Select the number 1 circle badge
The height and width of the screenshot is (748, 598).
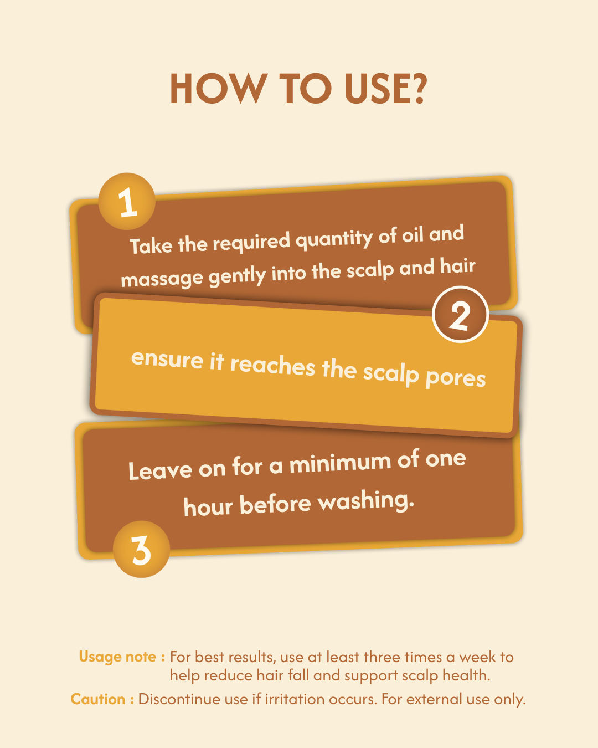(127, 201)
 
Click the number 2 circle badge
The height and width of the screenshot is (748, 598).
(460, 315)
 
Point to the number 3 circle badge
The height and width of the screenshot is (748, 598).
(141, 549)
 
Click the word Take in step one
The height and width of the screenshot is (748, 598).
(151, 245)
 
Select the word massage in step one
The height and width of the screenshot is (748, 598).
(162, 279)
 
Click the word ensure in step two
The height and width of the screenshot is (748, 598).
(167, 359)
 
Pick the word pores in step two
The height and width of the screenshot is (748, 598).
(456, 378)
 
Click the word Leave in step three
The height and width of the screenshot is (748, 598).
(160, 470)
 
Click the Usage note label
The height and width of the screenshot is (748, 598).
(122, 657)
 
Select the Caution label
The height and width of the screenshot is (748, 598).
(102, 699)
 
